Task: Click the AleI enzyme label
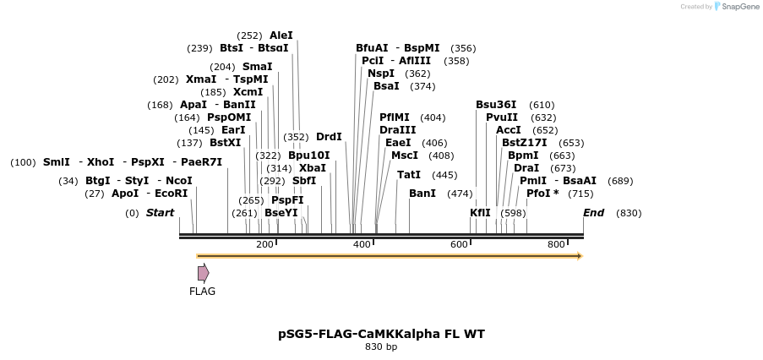click(281, 35)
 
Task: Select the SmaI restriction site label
click(257, 67)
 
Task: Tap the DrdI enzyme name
click(329, 137)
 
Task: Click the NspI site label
click(380, 74)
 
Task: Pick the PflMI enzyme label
click(395, 117)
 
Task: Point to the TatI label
click(409, 175)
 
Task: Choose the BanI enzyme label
click(422, 194)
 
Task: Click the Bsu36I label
click(496, 105)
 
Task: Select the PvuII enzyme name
click(502, 117)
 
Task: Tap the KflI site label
click(480, 213)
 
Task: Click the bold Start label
click(160, 213)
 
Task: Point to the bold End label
click(593, 213)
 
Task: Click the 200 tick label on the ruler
click(264, 244)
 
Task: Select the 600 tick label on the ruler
click(459, 244)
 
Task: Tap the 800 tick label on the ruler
click(556, 244)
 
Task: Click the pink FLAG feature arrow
click(203, 272)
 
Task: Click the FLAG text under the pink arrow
click(202, 292)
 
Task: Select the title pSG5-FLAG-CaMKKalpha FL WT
click(381, 334)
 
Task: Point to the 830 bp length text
click(381, 347)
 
